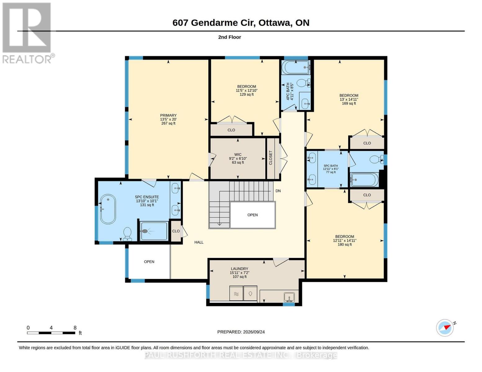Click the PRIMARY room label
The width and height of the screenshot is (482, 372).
pyautogui.click(x=168, y=115)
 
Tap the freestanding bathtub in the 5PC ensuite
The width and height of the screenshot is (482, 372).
pyautogui.click(x=108, y=209)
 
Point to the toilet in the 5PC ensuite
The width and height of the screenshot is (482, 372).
pyautogui.click(x=127, y=234)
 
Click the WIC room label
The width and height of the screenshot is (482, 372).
pyautogui.click(x=238, y=154)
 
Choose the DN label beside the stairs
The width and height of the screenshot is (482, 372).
pyautogui.click(x=278, y=191)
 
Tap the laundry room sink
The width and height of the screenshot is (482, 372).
pyautogui.click(x=289, y=297)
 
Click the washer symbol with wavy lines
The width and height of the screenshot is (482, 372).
pyautogui.click(x=236, y=293)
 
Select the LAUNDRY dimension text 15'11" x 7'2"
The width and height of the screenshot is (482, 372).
pyautogui.click(x=240, y=273)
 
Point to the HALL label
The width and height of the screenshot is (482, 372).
pyautogui.click(x=199, y=242)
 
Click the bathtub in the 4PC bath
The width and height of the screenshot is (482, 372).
pyautogui.click(x=296, y=67)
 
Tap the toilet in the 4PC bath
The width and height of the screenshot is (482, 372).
pyautogui.click(x=304, y=83)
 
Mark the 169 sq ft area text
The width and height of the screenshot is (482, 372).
pyautogui.click(x=349, y=104)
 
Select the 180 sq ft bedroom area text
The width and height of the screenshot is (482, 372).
pyautogui.click(x=345, y=244)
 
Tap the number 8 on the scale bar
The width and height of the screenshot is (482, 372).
pyautogui.click(x=75, y=328)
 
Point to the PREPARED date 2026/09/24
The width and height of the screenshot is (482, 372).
pyautogui.click(x=254, y=332)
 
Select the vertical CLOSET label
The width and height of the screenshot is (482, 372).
pyautogui.click(x=271, y=158)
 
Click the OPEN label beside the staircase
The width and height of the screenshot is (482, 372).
pyautogui.click(x=252, y=215)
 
